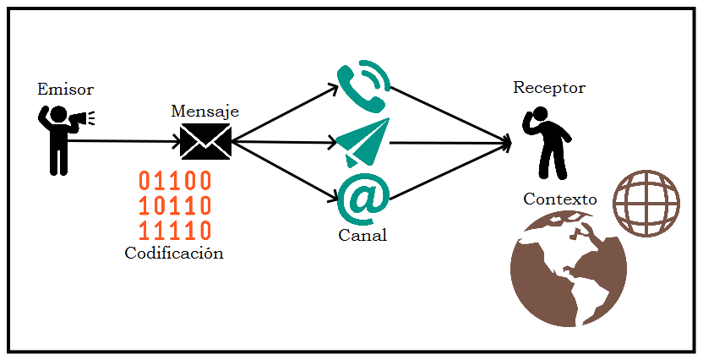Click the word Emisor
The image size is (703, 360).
[65, 89]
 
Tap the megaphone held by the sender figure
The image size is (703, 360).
[80, 120]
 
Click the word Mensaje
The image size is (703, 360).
[204, 111]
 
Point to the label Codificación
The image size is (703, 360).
[174, 253]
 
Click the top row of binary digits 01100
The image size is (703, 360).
[175, 181]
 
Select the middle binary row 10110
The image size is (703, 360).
[175, 205]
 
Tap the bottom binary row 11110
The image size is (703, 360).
[175, 230]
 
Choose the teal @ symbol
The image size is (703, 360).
[362, 199]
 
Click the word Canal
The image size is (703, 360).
[362, 235]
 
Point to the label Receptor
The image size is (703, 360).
[548, 88]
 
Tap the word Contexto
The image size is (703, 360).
[559, 199]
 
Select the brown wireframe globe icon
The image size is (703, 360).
[646, 203]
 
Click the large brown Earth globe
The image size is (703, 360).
[568, 269]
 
